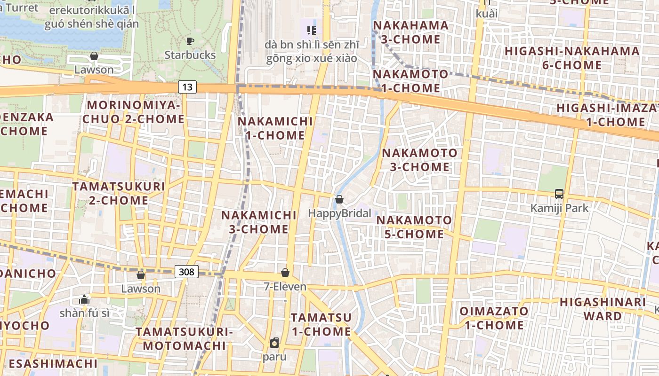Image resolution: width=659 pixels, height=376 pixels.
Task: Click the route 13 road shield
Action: tap(187, 87)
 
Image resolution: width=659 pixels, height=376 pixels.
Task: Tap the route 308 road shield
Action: tap(186, 272)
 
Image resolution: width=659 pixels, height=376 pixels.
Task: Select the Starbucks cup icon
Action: tap(190, 41)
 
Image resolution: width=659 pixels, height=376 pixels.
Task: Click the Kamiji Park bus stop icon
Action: tap(559, 194)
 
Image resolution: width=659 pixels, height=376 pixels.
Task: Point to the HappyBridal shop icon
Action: tap(339, 200)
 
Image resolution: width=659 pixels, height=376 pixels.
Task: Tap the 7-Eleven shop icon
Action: tap(285, 273)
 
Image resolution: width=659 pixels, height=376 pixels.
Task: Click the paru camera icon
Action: tap(274, 343)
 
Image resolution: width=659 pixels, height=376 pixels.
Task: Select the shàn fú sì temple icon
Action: tap(84, 299)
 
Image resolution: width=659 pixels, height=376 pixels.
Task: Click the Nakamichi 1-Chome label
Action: tap(275, 128)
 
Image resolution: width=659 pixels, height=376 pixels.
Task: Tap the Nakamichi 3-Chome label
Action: tap(259, 222)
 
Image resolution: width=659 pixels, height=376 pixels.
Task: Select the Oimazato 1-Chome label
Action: tap(494, 318)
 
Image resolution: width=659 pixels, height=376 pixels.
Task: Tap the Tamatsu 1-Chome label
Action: tap(321, 324)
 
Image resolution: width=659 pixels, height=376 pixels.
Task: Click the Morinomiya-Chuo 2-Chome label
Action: tap(134, 112)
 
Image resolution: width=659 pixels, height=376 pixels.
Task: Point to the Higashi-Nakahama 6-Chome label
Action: tap(572, 58)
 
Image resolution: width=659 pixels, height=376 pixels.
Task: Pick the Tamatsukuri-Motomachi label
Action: tap(185, 339)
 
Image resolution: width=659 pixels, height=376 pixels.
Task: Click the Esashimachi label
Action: tap(53, 363)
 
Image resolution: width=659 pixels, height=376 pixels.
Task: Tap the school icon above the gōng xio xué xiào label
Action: tap(311, 31)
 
